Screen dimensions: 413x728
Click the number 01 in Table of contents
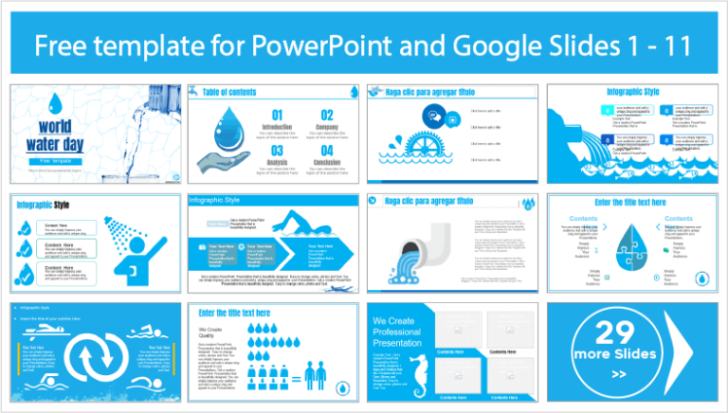pyautogui.click(x=277, y=115)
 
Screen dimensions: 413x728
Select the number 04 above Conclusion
pyautogui.click(x=326, y=150)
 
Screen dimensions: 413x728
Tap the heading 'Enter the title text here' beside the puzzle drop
pyautogui.click(x=636, y=203)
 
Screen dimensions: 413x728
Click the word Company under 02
pyautogui.click(x=326, y=126)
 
